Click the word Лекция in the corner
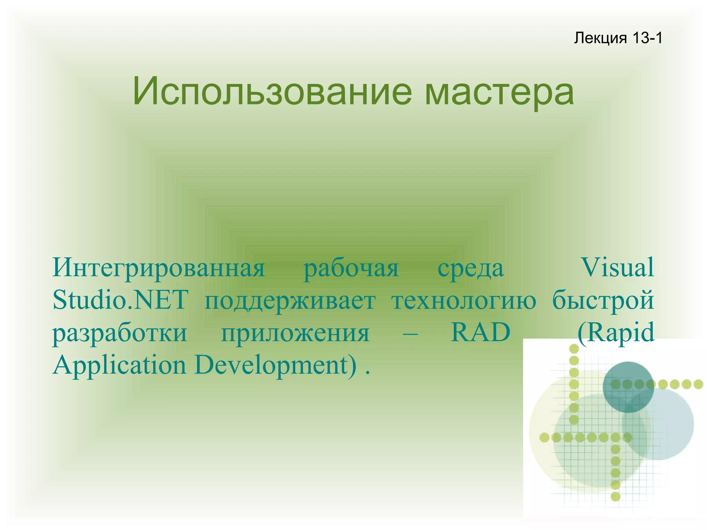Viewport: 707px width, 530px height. (600, 38)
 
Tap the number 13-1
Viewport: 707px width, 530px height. (647, 38)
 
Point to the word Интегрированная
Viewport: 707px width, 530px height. (158, 268)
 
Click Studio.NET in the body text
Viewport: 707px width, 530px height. (120, 300)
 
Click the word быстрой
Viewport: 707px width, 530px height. (603, 300)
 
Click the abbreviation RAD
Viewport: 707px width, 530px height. (481, 332)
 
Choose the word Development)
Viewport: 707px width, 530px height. (275, 365)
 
